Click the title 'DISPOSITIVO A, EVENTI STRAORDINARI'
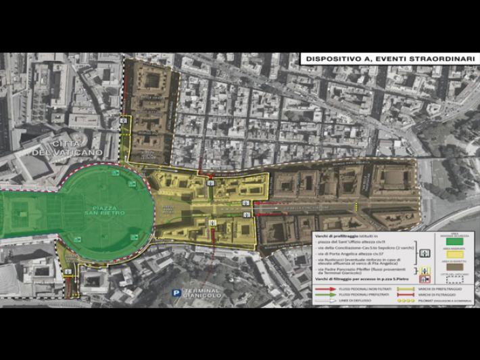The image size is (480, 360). pyautogui.click(x=389, y=59)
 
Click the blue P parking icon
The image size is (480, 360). pyautogui.click(x=176, y=294)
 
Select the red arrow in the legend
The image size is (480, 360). pyautogui.click(x=325, y=289)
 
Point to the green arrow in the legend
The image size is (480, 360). pyautogui.click(x=325, y=295)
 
